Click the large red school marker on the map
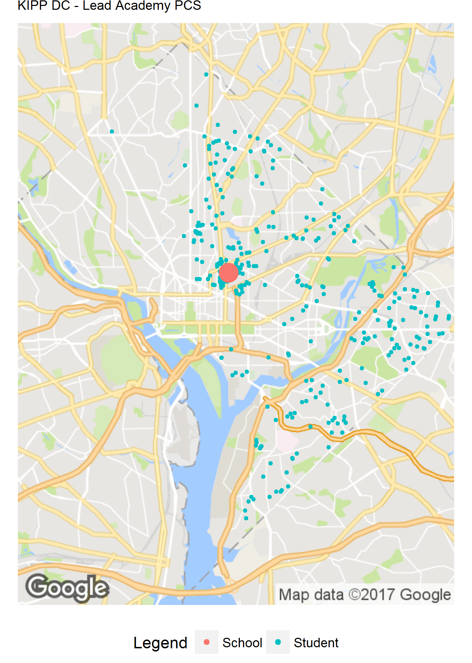(x=229, y=273)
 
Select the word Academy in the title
(x=144, y=6)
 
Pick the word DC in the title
(x=61, y=6)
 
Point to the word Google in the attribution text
(x=425, y=594)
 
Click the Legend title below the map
(x=160, y=643)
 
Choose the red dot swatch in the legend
(x=207, y=642)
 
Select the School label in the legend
(x=242, y=643)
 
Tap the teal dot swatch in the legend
(x=278, y=642)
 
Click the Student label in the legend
(x=316, y=643)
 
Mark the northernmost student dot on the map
(x=206, y=74)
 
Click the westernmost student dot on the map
(x=112, y=131)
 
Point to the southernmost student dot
(x=246, y=518)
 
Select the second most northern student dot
(x=196, y=106)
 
